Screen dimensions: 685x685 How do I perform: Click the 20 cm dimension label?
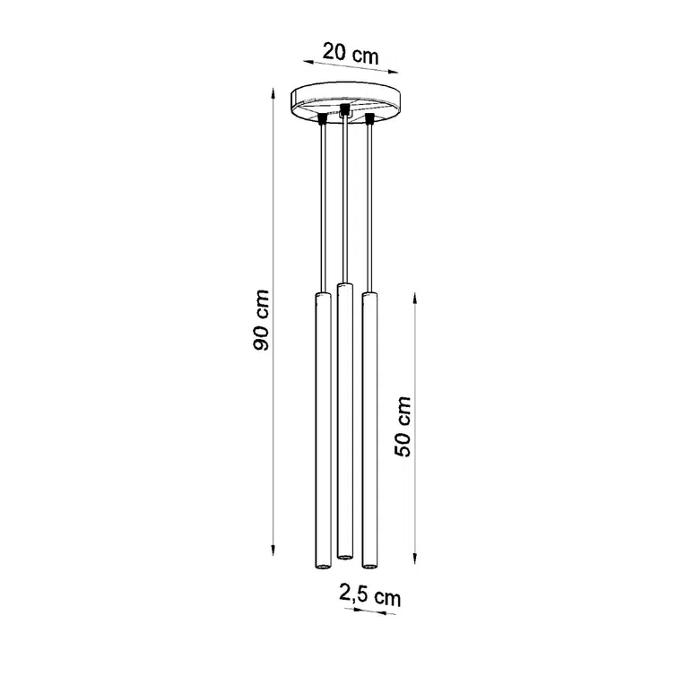point(350,53)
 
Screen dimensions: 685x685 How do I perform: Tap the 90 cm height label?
point(261,320)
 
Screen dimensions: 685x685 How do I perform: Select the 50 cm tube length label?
point(404,426)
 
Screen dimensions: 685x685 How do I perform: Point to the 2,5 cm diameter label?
point(369,594)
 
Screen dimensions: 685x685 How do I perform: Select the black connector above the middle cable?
point(343,110)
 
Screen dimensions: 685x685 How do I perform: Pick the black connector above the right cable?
point(368,120)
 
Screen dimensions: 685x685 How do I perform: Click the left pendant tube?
point(320,430)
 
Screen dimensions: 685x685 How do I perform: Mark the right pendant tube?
point(368,430)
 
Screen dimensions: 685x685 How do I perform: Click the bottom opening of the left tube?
point(320,568)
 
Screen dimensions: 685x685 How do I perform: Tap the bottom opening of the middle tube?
point(342,557)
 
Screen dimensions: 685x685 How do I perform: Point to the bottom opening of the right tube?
point(368,566)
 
